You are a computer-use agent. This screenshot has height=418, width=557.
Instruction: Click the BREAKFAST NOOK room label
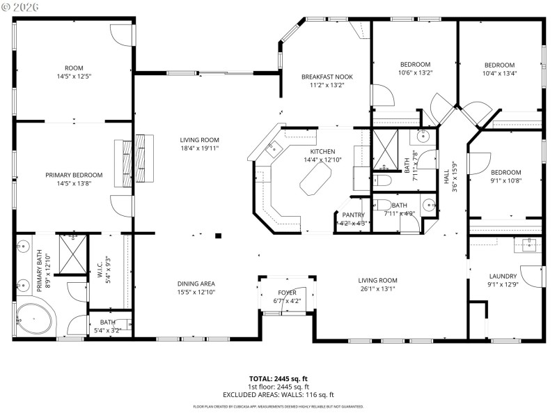(x=322, y=77)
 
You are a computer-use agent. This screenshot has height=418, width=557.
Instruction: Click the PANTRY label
(x=354, y=215)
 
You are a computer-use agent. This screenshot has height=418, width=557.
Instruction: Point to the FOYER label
(x=287, y=293)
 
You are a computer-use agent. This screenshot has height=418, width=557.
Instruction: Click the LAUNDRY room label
(x=503, y=276)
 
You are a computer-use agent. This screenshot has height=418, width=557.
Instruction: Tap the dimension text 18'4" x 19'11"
(x=200, y=148)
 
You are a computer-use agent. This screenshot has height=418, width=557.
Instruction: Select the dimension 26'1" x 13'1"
(x=377, y=288)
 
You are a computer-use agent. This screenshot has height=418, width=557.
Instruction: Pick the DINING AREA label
(x=196, y=284)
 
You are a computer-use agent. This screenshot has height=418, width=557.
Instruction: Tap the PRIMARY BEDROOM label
(x=74, y=175)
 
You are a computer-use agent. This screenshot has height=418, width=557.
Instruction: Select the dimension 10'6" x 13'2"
(x=415, y=72)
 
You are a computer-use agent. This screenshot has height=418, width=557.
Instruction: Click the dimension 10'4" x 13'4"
(x=499, y=73)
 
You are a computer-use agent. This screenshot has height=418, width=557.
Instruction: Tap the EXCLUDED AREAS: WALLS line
(x=278, y=395)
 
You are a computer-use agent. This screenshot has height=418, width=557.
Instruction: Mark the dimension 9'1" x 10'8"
(x=505, y=180)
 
